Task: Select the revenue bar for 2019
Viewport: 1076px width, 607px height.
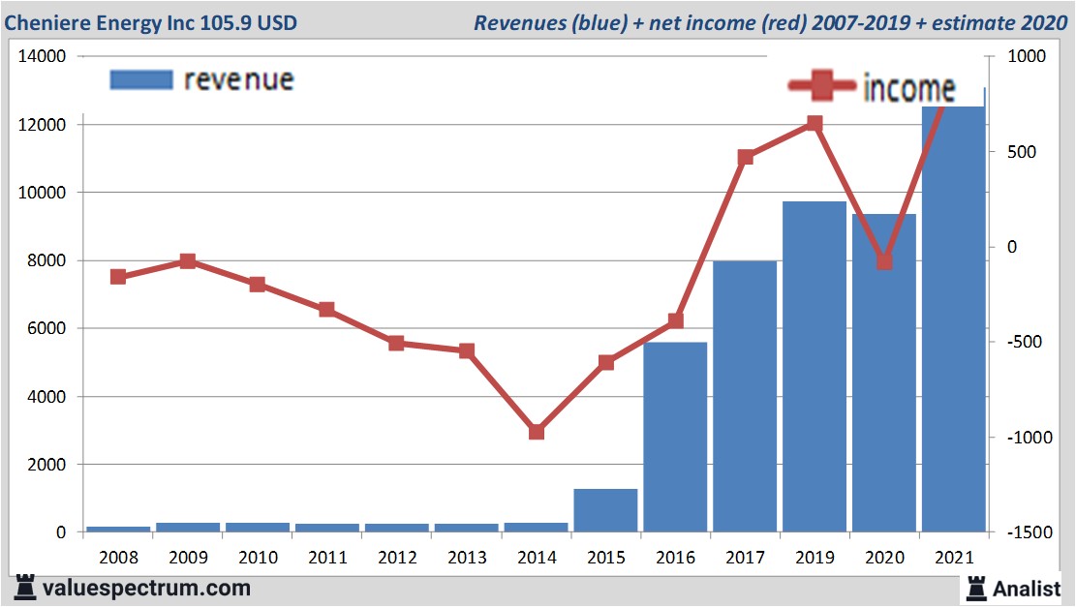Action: pyautogui.click(x=815, y=367)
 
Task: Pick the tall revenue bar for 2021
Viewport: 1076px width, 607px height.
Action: pyautogui.click(x=953, y=319)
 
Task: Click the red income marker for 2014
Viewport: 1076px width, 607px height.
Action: pyautogui.click(x=536, y=432)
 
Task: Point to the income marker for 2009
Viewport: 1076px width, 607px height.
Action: pyautogui.click(x=188, y=261)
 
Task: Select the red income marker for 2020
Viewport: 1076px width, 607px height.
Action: pyautogui.click(x=884, y=261)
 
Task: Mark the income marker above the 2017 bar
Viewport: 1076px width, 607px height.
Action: pyautogui.click(x=745, y=157)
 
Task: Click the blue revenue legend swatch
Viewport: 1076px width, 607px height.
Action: pyautogui.click(x=140, y=79)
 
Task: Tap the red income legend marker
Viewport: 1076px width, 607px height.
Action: pyautogui.click(x=822, y=86)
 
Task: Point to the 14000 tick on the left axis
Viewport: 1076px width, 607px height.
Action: pyautogui.click(x=42, y=57)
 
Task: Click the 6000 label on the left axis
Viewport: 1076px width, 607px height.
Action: pyautogui.click(x=46, y=329)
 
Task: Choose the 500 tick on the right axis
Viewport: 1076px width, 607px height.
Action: pyautogui.click(x=1019, y=152)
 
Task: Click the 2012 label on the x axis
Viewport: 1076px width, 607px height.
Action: pyautogui.click(x=396, y=559)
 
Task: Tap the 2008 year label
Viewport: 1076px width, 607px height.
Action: pyautogui.click(x=118, y=559)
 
